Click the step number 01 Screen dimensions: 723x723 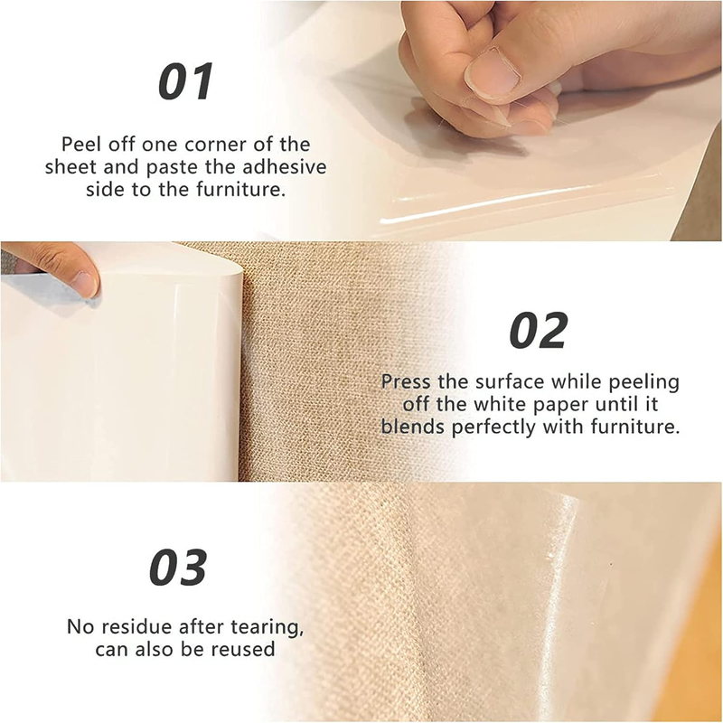click(185, 81)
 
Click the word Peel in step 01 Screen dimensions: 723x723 click(80, 145)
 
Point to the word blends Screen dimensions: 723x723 click(408, 427)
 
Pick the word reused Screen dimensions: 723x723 click(246, 648)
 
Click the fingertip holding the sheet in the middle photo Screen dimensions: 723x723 click(81, 282)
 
